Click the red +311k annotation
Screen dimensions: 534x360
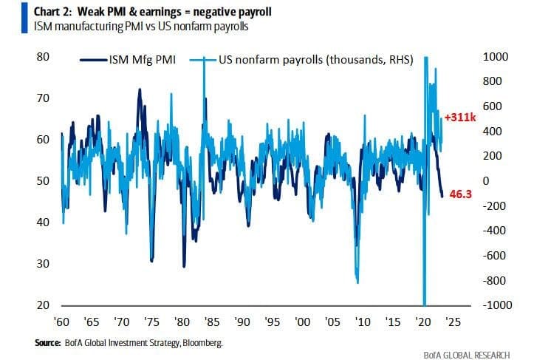460,118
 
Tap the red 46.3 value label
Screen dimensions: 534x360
461,194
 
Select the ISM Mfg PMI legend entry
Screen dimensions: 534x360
128,60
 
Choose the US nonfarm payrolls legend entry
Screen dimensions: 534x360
301,60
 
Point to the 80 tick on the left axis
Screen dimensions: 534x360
43,57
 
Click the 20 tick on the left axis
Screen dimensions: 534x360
43,305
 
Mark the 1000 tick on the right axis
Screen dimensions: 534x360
496,57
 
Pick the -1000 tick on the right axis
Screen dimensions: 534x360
497,305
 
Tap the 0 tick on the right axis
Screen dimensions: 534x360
487,181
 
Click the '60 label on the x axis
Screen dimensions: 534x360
61,322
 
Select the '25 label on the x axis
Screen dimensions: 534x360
453,322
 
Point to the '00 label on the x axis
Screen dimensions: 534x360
302,322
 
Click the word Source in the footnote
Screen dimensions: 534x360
48,343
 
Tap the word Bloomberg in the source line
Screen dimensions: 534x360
202,343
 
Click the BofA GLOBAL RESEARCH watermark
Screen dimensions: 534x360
467,356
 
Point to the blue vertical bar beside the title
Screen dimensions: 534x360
24,18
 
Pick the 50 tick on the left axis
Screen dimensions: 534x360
43,181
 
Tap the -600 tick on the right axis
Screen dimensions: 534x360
494,256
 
